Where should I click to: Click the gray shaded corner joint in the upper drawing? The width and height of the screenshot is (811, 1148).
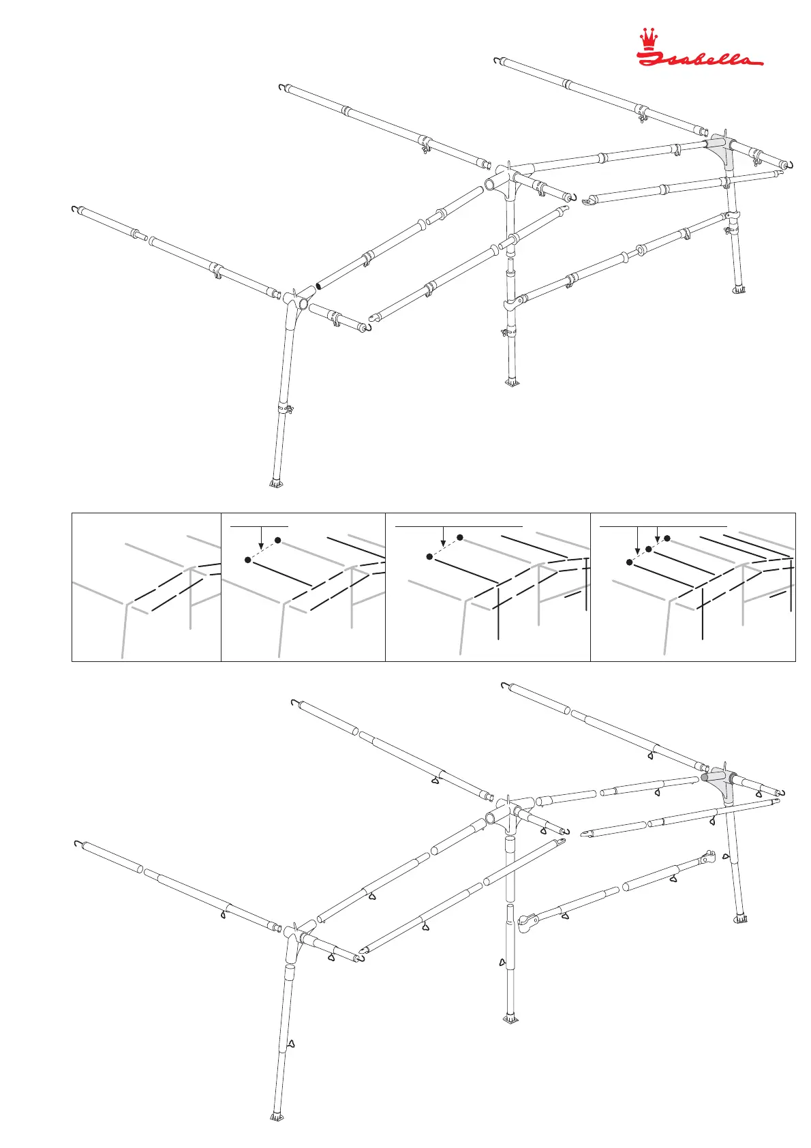coord(720,151)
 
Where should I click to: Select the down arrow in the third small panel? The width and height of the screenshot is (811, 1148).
coord(443,542)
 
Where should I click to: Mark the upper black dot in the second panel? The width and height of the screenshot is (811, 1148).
coord(278,540)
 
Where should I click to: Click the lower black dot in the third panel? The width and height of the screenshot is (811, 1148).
coord(429,557)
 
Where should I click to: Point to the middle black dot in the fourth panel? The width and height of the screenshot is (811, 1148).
coord(648,548)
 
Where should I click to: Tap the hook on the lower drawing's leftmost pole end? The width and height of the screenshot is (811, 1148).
coord(76,843)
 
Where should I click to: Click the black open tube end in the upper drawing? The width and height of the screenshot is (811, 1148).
coord(319,287)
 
